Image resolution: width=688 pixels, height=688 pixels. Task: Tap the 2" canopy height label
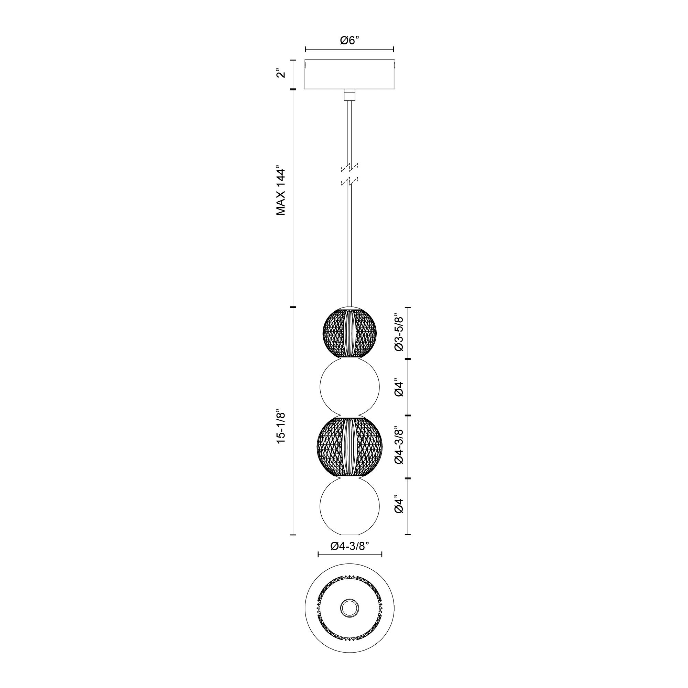click(x=282, y=74)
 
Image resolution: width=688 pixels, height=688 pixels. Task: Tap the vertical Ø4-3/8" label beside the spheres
click(x=399, y=446)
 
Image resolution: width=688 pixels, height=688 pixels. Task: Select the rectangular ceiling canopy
click(x=350, y=74)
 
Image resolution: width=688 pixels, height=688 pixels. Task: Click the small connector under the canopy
click(x=350, y=95)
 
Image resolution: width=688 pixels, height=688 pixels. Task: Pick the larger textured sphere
click(x=350, y=447)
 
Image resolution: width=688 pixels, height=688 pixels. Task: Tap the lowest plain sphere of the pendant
click(x=350, y=506)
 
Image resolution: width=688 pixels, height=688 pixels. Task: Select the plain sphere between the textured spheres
click(x=350, y=388)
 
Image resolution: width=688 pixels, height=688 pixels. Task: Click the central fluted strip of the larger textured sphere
click(x=350, y=447)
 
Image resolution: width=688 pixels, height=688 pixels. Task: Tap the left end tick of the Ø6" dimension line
click(x=305, y=50)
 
